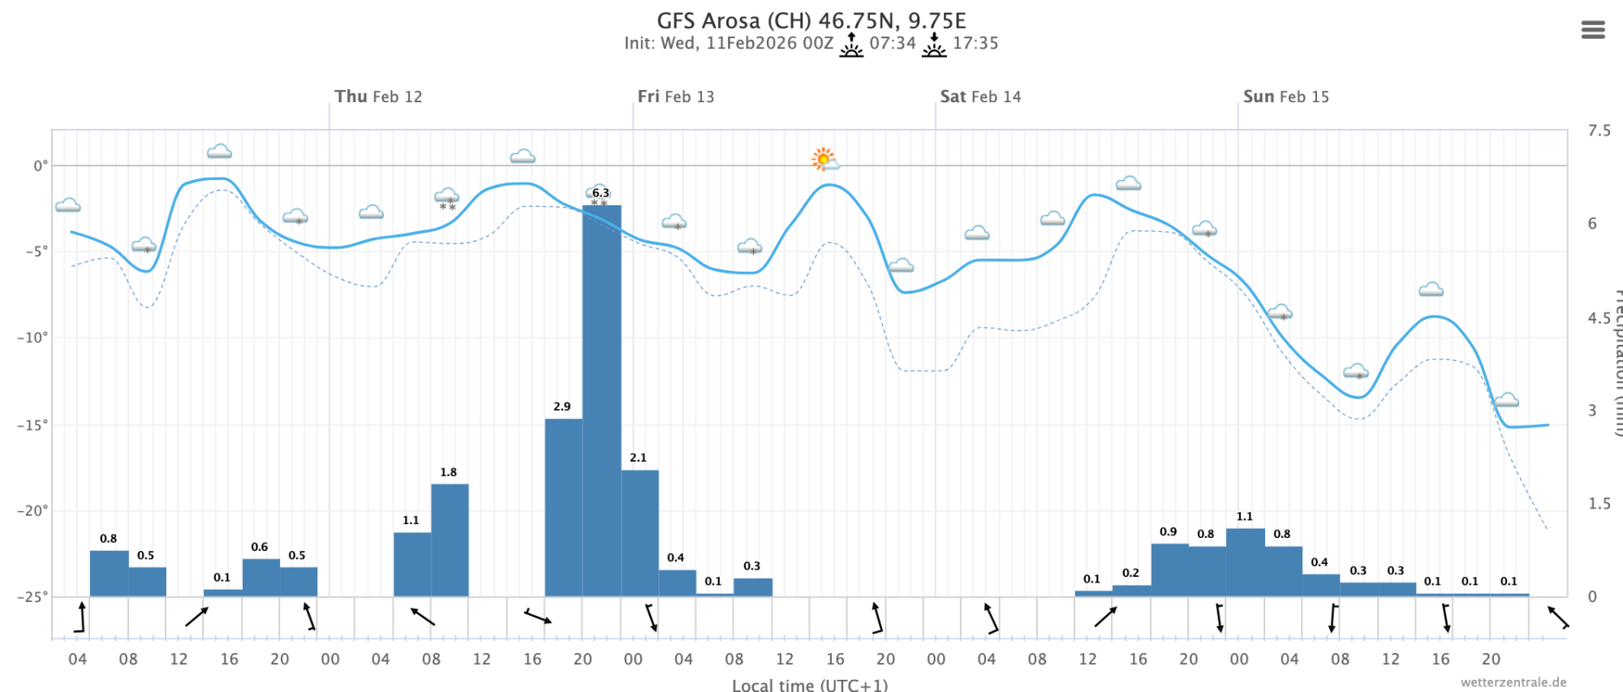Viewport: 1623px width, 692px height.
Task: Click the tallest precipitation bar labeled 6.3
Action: point(601,401)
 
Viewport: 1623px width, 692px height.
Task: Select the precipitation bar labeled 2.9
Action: point(563,507)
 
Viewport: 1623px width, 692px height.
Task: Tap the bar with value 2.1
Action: point(639,533)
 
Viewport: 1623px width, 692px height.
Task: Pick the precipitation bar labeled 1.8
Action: point(450,539)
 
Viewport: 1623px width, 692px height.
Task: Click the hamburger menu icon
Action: point(1592,30)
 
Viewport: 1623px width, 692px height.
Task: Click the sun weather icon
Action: point(824,159)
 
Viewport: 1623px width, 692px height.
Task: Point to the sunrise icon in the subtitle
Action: point(851,45)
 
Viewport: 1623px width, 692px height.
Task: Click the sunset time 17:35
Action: point(975,43)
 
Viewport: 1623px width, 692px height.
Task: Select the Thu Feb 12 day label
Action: point(378,97)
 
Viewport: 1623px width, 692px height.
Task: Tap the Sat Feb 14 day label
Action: point(980,97)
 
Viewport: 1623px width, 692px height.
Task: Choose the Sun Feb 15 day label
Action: point(1285,97)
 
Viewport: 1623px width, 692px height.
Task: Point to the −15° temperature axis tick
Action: point(32,424)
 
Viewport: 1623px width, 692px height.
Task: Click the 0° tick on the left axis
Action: point(41,166)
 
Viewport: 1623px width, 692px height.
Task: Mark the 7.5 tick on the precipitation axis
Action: point(1599,131)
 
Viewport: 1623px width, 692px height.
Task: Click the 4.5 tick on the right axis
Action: point(1599,317)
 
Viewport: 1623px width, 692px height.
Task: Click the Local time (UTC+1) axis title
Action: point(809,685)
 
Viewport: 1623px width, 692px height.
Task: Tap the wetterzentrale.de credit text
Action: point(1513,682)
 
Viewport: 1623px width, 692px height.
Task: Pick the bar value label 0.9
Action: point(1168,532)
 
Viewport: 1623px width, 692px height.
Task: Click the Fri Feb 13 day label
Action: point(675,97)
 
